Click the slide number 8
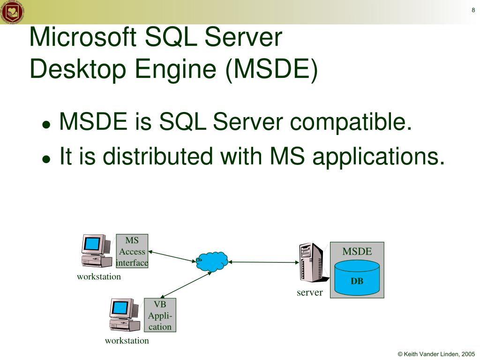tap(473, 10)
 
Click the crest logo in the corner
tap(10, 12)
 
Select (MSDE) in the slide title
tap(271, 68)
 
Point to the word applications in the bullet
tap(378, 156)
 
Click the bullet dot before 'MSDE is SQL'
tap(46, 125)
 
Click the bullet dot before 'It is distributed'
tap(46, 159)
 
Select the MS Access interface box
tap(132, 251)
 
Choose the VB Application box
tap(160, 315)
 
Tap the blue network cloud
tap(212, 261)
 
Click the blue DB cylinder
tap(357, 278)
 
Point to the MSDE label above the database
tap(357, 252)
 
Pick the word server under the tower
tap(309, 292)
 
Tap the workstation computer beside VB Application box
tap(124, 315)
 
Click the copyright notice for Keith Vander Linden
tap(436, 354)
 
